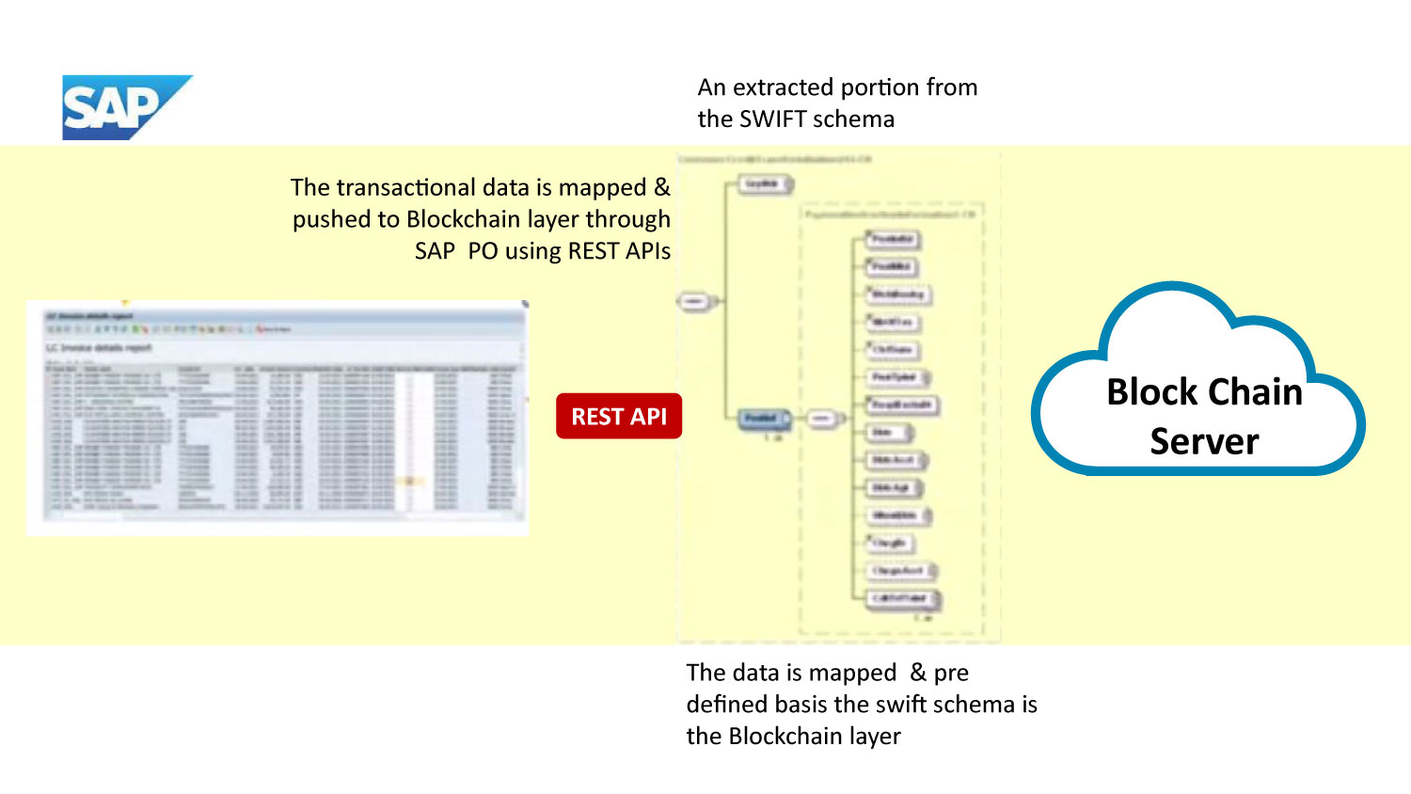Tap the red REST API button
[x=619, y=416]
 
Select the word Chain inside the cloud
[x=1255, y=391]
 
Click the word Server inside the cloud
[x=1204, y=440]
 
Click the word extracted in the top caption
[x=785, y=87]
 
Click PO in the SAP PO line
[x=483, y=251]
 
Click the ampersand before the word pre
[x=918, y=673]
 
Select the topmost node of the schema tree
[x=763, y=184]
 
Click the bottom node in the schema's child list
[x=900, y=598]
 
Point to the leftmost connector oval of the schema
[x=693, y=302]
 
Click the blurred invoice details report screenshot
[x=277, y=419]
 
